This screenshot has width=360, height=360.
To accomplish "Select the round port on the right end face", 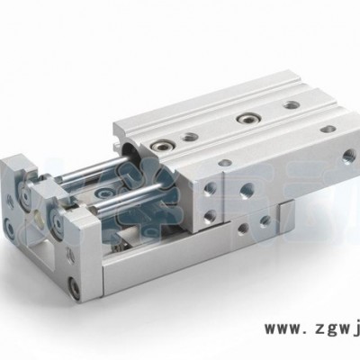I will [349, 156].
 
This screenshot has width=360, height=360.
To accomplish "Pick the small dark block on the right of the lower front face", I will [286, 212].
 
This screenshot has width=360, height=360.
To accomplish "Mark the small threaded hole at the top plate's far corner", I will [292, 104].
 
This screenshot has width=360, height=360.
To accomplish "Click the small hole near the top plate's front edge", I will [225, 163].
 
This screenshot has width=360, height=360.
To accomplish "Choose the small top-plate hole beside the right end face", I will [328, 128].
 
